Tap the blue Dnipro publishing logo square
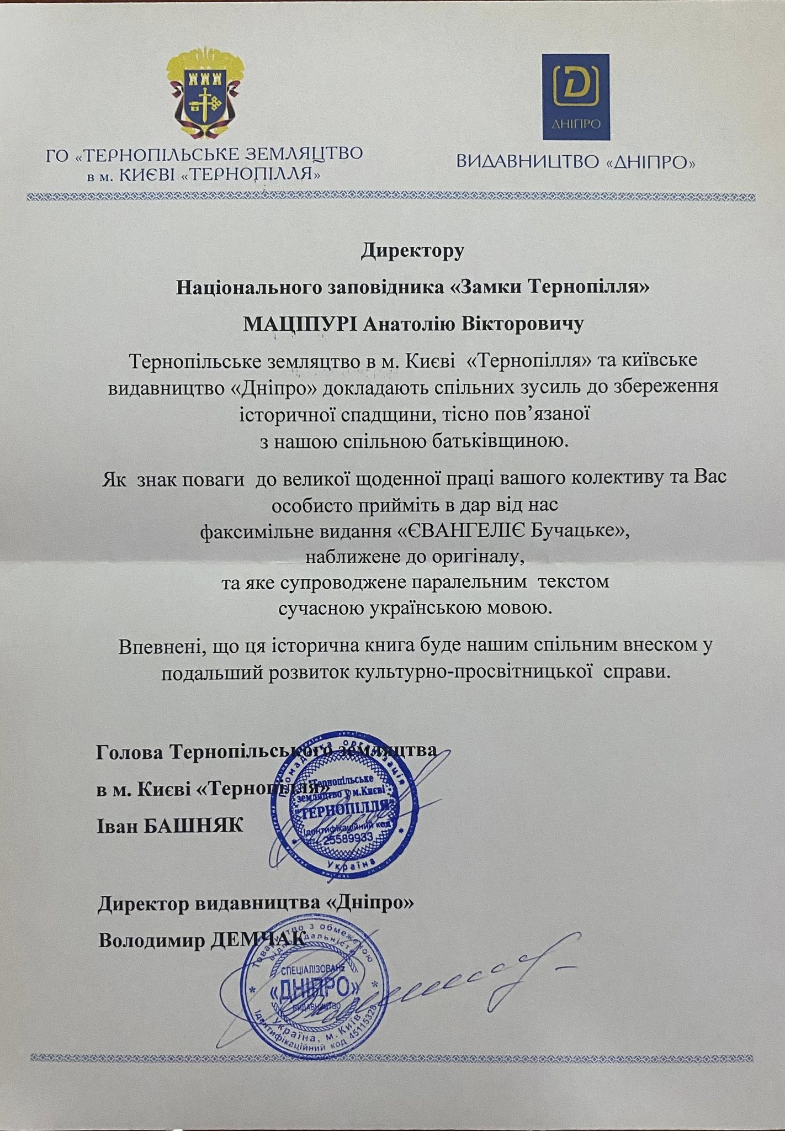pyautogui.click(x=575, y=98)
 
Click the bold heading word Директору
pyautogui.click(x=412, y=251)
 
